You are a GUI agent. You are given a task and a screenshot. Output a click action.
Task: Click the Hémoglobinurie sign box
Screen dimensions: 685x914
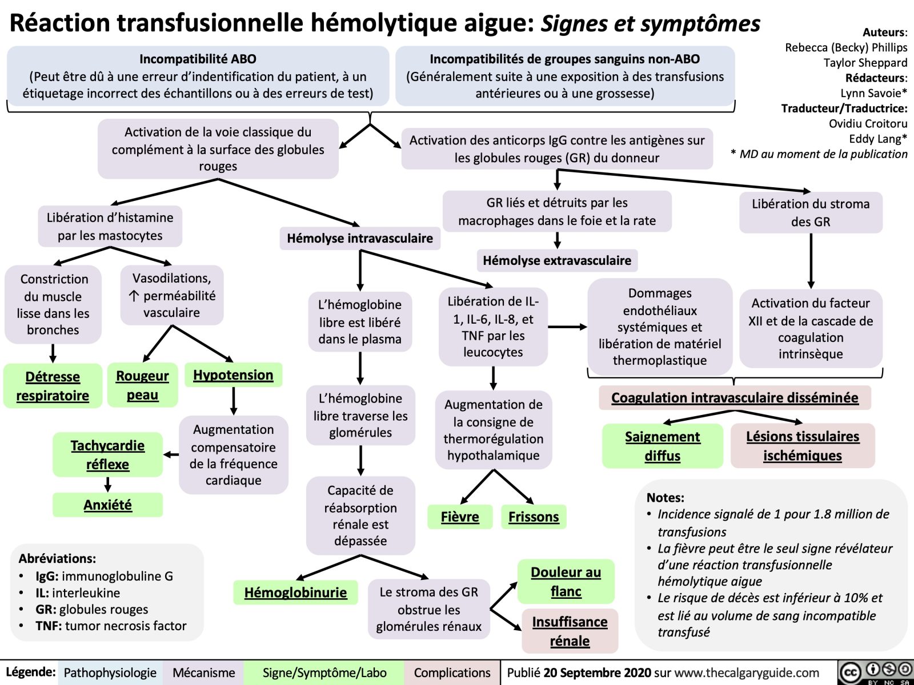[x=295, y=593]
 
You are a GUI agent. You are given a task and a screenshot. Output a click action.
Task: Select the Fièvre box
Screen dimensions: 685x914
[x=460, y=517]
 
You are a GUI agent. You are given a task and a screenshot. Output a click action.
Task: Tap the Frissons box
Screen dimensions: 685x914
[x=534, y=517]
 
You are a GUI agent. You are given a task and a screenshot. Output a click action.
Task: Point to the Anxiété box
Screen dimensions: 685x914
[x=107, y=505]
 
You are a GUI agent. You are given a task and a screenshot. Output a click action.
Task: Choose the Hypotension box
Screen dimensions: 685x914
[x=233, y=375]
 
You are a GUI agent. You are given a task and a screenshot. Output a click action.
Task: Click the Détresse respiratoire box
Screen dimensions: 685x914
[x=53, y=386]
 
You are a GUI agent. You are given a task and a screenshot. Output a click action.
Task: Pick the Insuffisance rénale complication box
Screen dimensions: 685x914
[x=570, y=631]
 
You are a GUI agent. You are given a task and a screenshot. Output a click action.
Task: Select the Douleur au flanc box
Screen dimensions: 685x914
[x=566, y=582]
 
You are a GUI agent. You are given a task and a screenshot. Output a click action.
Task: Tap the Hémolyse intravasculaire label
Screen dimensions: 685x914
[x=360, y=239]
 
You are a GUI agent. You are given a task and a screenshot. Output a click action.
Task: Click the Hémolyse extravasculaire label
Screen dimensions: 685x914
[x=557, y=261]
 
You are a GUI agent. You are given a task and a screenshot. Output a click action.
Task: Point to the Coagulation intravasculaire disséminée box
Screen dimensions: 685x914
[x=735, y=398]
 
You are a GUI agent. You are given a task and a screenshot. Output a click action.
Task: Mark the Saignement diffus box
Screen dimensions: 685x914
[x=662, y=446]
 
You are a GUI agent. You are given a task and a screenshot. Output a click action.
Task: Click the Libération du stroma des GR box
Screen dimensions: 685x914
[x=811, y=213]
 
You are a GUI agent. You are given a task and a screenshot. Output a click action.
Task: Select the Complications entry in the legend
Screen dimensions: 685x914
[x=452, y=673]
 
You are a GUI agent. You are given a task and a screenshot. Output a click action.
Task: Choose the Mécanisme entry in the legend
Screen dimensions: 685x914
[x=203, y=673]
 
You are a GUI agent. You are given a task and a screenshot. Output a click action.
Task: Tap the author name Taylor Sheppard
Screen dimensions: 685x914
[x=865, y=63]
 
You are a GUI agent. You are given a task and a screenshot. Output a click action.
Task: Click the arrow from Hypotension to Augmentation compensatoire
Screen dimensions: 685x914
[x=234, y=401]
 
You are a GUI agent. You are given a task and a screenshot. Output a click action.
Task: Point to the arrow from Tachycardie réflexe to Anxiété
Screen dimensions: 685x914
[x=107, y=485]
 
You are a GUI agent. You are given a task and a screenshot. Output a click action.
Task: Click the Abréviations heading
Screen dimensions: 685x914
[x=57, y=558]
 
